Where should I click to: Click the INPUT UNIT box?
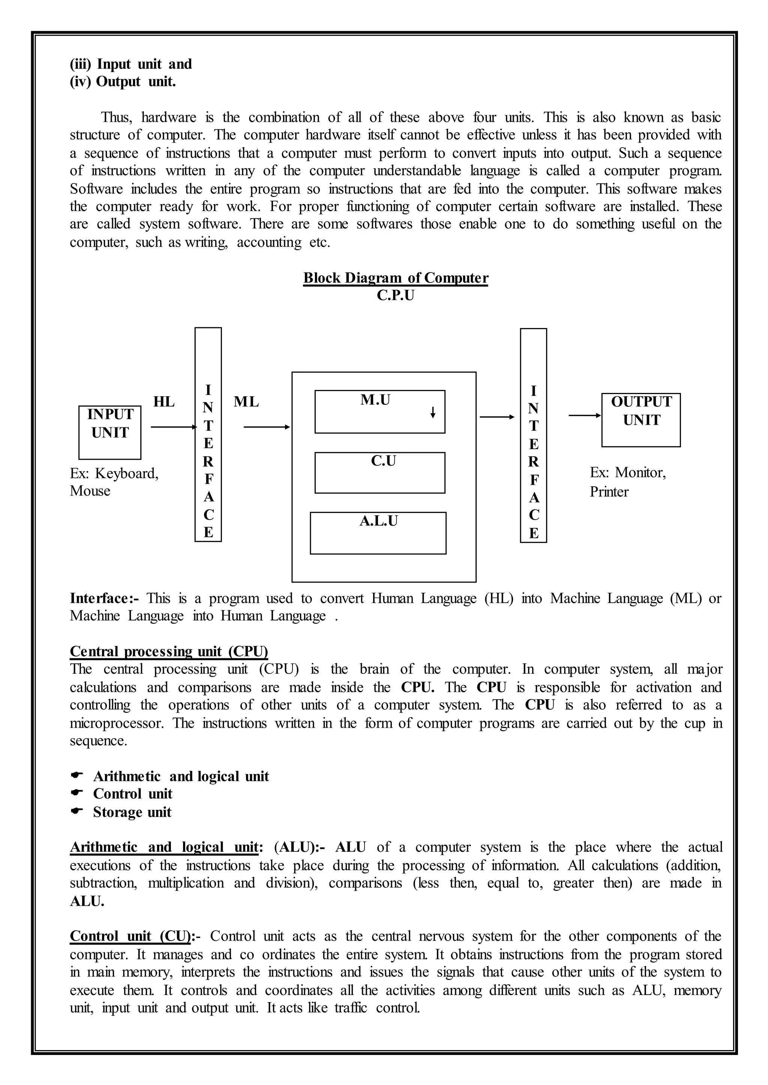tap(110, 432)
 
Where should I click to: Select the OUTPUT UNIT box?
tap(641, 420)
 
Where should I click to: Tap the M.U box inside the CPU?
tap(380, 411)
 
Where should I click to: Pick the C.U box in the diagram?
tap(380, 472)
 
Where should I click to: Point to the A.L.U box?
tap(378, 533)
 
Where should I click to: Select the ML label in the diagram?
tap(246, 402)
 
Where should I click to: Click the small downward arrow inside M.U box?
tap(433, 414)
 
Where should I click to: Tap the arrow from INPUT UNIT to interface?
tap(173, 427)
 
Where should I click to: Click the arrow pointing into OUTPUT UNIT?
tap(585, 415)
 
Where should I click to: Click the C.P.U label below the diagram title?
tap(395, 295)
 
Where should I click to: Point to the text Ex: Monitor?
tap(627, 472)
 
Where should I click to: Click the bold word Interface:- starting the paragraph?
tap(104, 598)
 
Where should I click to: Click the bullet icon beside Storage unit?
tap(76, 811)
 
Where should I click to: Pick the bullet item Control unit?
tap(132, 793)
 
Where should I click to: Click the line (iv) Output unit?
tap(123, 82)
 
